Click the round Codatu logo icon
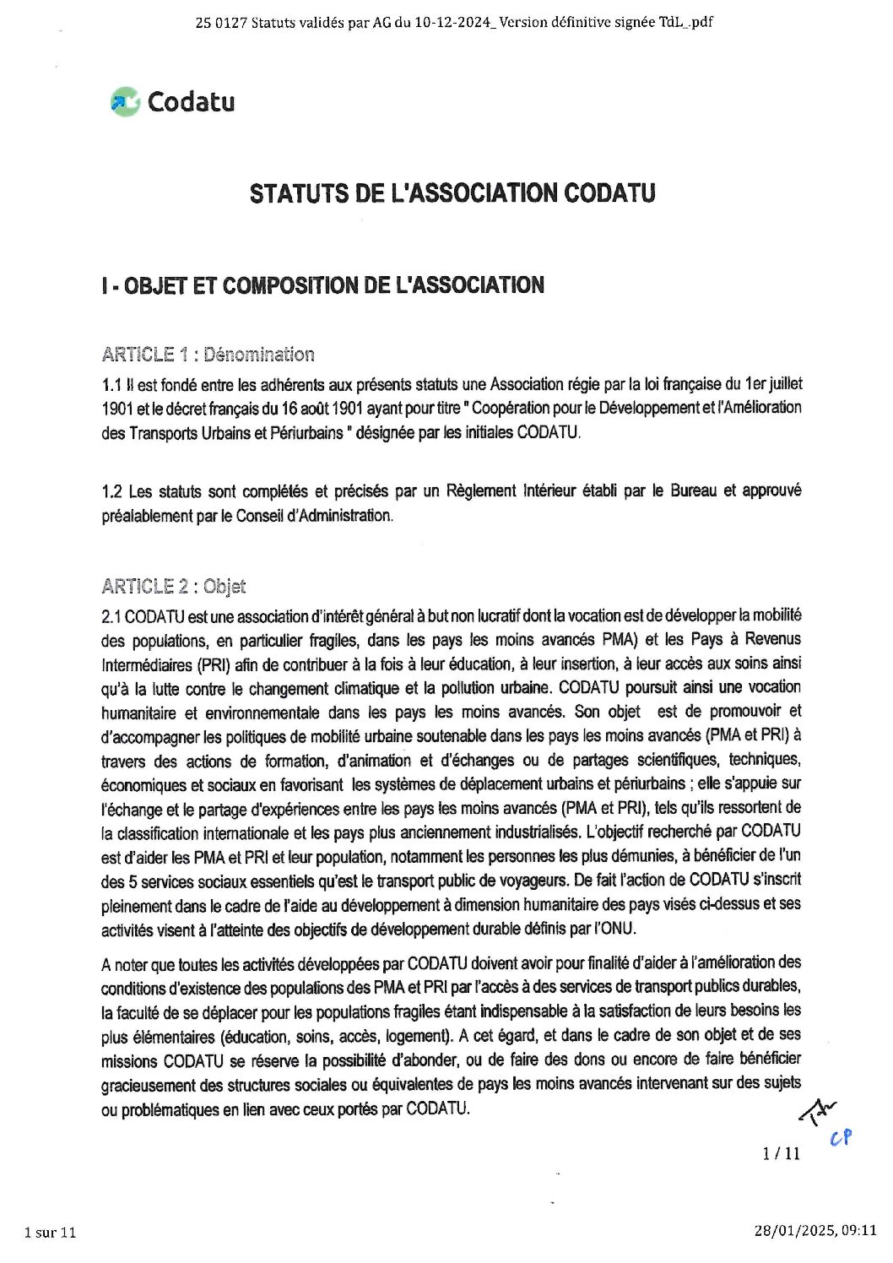click(124, 102)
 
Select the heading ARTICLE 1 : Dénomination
click(208, 354)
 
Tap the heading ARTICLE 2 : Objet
click(173, 585)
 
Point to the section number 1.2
click(111, 491)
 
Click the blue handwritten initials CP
click(841, 1137)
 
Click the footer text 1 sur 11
click(51, 1232)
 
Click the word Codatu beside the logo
click(191, 102)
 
